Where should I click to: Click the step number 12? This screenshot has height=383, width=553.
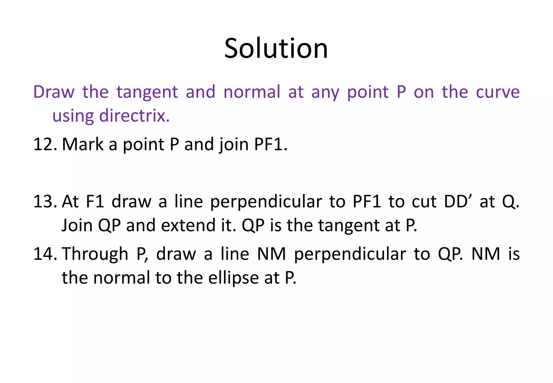coord(45,145)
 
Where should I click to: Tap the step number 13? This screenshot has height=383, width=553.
coord(45,202)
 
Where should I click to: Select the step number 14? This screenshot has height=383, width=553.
coord(45,254)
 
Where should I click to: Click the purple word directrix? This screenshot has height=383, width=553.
coord(134,116)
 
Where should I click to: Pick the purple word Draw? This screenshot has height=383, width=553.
coord(54,92)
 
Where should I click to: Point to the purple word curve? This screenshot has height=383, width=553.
coord(497,92)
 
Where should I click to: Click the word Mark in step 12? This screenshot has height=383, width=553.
coord(82,145)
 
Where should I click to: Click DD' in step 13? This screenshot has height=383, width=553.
coord(458,202)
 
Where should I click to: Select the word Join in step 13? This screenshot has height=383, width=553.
coord(77,226)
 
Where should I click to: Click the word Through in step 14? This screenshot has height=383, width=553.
coord(95,254)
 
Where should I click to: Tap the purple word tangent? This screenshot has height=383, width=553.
coord(147,92)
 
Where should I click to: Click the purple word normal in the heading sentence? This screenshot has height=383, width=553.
coord(252,92)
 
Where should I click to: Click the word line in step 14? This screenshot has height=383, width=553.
coord(235,254)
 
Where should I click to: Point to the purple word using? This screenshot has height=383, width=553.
coord(73,116)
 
